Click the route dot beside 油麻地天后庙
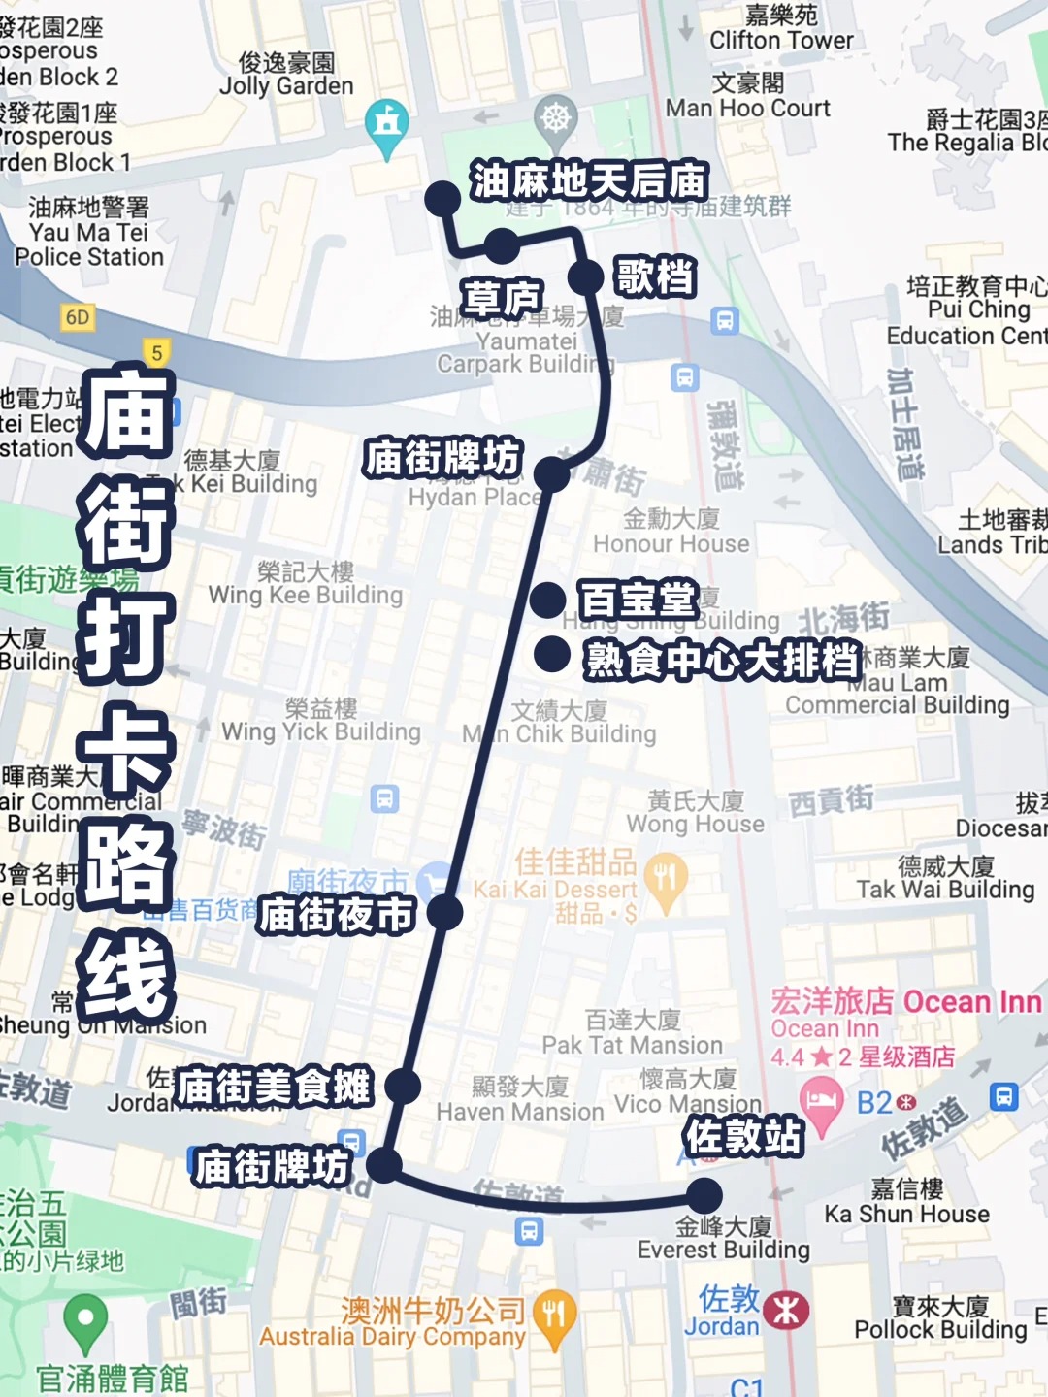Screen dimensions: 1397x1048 442,199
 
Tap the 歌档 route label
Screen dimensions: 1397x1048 655,276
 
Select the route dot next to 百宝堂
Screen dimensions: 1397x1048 548,600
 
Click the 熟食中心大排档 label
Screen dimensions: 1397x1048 723,660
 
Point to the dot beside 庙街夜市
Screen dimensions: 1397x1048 444,912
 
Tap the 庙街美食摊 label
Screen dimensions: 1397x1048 274,1087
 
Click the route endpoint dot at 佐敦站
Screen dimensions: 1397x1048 704,1195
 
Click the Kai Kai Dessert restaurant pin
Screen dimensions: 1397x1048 665,878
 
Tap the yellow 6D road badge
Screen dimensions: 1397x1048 78,317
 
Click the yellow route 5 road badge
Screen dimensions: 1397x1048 157,352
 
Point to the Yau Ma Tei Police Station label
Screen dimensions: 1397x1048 89,233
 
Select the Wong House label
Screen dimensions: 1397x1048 696,813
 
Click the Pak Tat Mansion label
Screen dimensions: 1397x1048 633,1033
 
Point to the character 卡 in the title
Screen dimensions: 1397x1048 126,747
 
